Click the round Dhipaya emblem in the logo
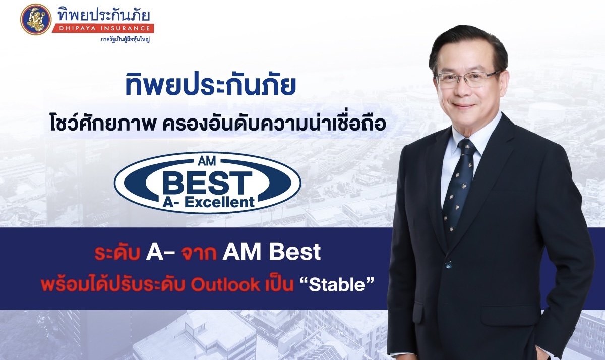[36, 19]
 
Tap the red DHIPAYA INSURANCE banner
[103, 28]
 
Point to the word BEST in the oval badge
[207, 183]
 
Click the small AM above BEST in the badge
[207, 161]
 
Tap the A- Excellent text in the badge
[209, 202]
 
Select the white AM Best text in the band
[271, 252]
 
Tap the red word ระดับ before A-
[117, 252]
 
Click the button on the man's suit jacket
[448, 263]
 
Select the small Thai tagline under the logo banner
[125, 40]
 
